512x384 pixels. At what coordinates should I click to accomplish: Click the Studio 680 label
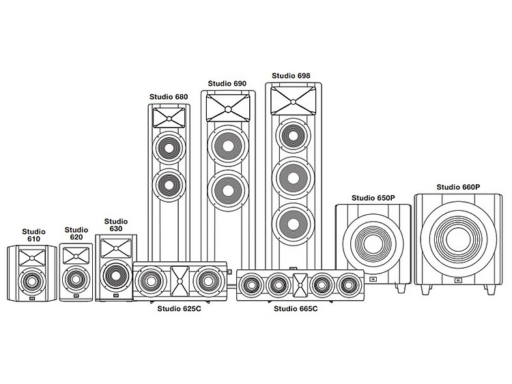pyautogui.click(x=169, y=97)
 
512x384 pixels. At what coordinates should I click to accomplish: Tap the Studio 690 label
pyautogui.click(x=227, y=83)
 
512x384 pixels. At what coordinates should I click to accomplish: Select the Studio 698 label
pyautogui.click(x=291, y=76)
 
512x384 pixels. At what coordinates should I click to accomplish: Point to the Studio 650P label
pyautogui.click(x=373, y=198)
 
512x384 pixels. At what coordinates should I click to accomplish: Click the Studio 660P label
pyautogui.click(x=458, y=187)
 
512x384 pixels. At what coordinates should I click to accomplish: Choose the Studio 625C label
pyautogui.click(x=180, y=308)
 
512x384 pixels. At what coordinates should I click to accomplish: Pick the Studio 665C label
pyautogui.click(x=296, y=308)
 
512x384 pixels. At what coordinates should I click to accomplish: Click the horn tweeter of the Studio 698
pyautogui.click(x=294, y=101)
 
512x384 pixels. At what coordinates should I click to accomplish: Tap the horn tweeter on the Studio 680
pyautogui.click(x=169, y=118)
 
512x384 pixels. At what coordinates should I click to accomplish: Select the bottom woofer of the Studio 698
pyautogui.click(x=294, y=225)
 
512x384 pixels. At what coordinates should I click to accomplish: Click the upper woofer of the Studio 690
pyautogui.click(x=228, y=145)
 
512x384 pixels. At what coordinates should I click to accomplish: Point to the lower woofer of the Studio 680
pyautogui.click(x=169, y=185)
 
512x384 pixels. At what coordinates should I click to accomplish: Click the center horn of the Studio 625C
pyautogui.click(x=180, y=281)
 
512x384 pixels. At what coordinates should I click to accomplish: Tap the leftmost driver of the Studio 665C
pyautogui.click(x=251, y=285)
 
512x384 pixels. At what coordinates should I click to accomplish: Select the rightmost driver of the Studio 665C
pyautogui.click(x=350, y=285)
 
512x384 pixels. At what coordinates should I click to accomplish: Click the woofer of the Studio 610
pyautogui.click(x=31, y=282)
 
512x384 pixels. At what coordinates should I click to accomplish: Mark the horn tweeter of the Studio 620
pyautogui.click(x=76, y=256)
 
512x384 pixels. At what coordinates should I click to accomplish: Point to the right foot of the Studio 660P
pyautogui.click(x=490, y=289)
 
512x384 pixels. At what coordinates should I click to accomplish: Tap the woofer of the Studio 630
pyautogui.click(x=115, y=276)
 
